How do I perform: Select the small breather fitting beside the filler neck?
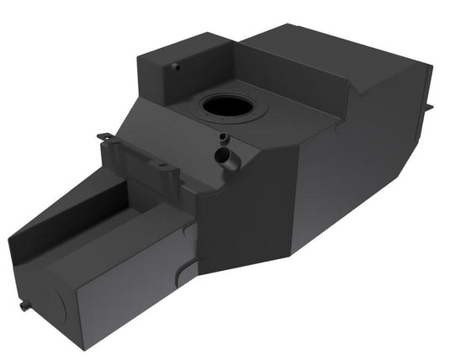223,138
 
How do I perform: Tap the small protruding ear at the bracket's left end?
103,135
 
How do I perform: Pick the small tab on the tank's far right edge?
430,108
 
